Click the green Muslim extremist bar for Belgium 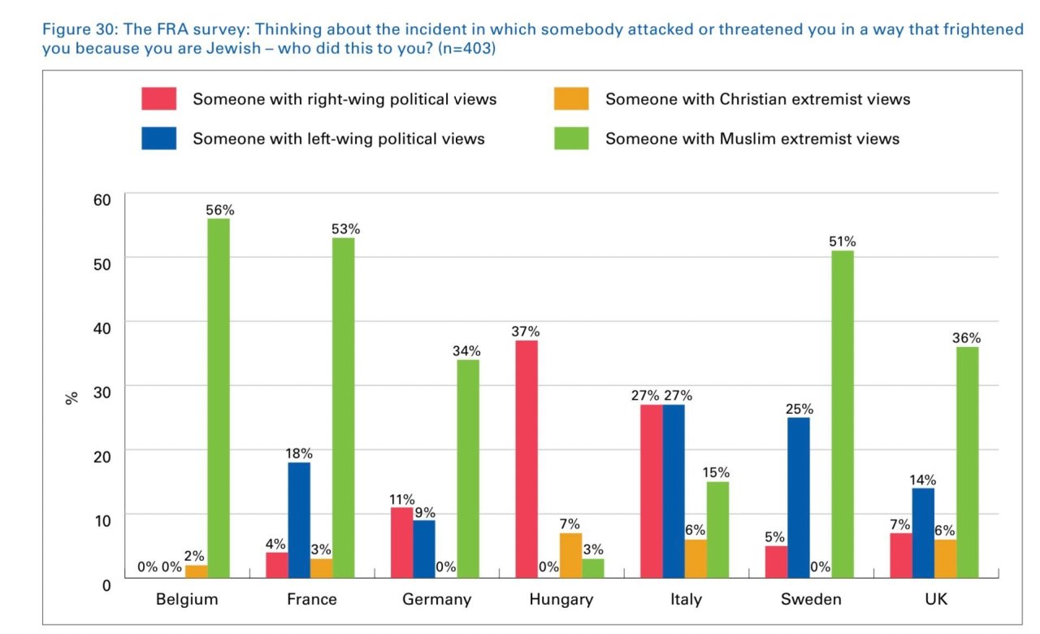tap(219, 398)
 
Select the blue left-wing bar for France tap(298, 520)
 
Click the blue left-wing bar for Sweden tap(799, 497)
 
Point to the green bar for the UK tap(967, 462)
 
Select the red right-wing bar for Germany tap(402, 543)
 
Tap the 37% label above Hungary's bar tap(526, 332)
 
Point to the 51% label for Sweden tap(842, 241)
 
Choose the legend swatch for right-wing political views tap(158, 99)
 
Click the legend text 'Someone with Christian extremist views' tap(757, 99)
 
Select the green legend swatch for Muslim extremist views tap(571, 138)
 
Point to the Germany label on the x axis tap(436, 600)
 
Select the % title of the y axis tap(72, 397)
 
